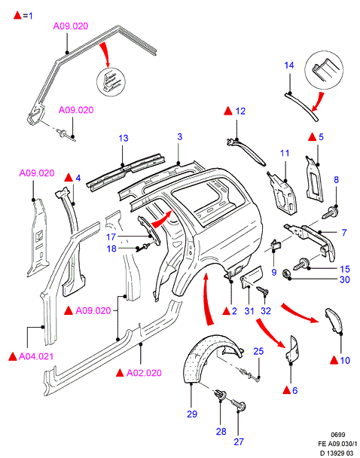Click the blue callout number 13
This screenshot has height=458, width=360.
124,138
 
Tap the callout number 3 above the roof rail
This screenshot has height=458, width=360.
179,136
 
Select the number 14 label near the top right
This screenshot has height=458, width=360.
289,65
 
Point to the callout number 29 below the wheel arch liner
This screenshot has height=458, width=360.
192,414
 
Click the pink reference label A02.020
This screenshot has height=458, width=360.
144,373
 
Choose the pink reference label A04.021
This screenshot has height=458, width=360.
36,356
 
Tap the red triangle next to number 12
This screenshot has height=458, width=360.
228,111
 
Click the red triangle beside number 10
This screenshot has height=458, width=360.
334,360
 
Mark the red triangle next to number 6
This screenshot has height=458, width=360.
287,390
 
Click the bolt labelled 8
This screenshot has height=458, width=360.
330,212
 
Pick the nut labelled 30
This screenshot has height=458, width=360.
286,273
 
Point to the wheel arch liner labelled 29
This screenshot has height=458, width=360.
210,357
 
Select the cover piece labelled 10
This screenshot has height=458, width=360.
334,320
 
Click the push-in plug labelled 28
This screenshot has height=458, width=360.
221,395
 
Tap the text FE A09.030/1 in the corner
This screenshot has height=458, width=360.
337,444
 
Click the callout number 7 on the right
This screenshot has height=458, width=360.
344,233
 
